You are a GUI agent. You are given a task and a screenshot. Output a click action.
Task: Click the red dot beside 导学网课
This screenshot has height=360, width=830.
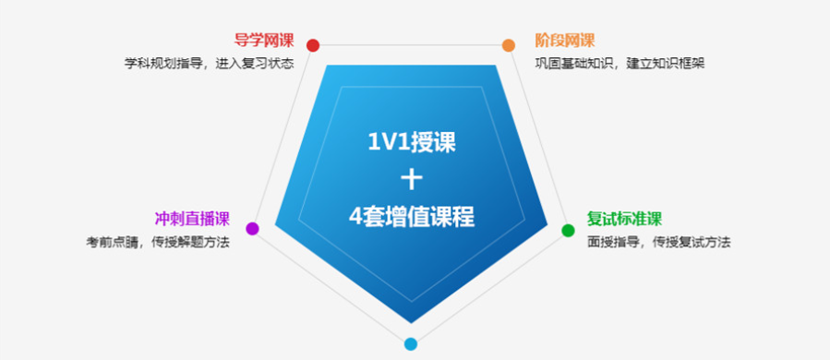pyautogui.click(x=313, y=45)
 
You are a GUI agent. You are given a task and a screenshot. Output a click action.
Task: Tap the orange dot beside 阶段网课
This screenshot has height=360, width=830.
pyautogui.click(x=508, y=45)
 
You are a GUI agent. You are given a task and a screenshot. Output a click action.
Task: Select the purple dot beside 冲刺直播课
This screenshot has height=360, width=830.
pyautogui.click(x=253, y=228)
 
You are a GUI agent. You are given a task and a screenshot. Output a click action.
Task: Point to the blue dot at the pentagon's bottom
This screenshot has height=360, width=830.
pyautogui.click(x=411, y=344)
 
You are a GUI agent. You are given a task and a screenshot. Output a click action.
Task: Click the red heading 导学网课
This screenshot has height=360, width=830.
pyautogui.click(x=264, y=41)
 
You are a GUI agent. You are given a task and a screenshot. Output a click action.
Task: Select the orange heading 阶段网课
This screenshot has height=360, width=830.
pyautogui.click(x=565, y=41)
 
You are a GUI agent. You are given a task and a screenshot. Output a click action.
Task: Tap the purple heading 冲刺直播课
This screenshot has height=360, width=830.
pyautogui.click(x=192, y=220)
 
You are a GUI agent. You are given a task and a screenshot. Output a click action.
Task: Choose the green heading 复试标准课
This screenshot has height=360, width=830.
pyautogui.click(x=625, y=220)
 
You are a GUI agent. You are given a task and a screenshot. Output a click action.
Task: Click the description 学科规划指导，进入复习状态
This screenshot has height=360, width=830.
pyautogui.click(x=210, y=64)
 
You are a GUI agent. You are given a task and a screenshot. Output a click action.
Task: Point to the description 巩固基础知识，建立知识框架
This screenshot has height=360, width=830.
pyautogui.click(x=620, y=64)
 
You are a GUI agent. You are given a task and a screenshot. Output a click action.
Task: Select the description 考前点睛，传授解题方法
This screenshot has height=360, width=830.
pyautogui.click(x=158, y=243)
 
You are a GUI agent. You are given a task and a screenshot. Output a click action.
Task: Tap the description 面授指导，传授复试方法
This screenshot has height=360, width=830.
pyautogui.click(x=659, y=243)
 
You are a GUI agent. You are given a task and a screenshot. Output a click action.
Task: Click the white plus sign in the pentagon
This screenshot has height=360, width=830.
pyautogui.click(x=411, y=179)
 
